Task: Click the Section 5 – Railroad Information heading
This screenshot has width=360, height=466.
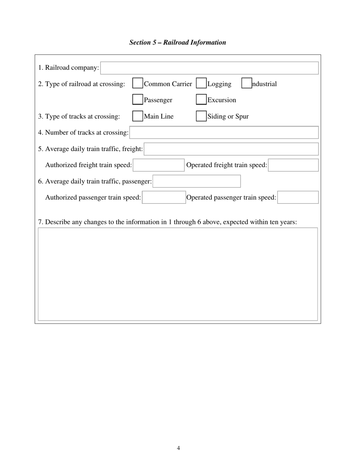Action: (177, 42)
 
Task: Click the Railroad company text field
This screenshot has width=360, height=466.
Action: (209, 68)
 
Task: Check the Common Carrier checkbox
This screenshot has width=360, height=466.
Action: (138, 83)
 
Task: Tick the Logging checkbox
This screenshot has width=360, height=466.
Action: (201, 83)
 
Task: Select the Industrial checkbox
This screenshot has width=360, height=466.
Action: (247, 83)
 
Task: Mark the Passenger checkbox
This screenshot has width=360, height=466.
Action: (138, 100)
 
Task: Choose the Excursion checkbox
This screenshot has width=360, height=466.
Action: (201, 100)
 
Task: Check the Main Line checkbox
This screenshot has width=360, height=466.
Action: (138, 116)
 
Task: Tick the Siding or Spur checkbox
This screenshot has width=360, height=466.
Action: (201, 116)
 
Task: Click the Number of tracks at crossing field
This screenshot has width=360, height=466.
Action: (224, 133)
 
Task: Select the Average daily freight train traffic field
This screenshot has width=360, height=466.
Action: (231, 149)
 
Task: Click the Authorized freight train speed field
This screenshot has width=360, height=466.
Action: (159, 165)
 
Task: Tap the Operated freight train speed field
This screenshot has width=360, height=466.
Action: (293, 165)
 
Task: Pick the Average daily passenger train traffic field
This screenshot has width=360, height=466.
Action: (197, 181)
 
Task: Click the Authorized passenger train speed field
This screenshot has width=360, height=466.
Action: (164, 197)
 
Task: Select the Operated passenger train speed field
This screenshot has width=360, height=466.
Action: (298, 197)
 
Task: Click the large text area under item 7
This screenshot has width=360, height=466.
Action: (178, 274)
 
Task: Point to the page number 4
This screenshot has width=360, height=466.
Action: (178, 448)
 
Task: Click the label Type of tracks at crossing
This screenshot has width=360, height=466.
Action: (79, 116)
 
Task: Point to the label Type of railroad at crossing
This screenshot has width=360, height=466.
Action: (81, 84)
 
